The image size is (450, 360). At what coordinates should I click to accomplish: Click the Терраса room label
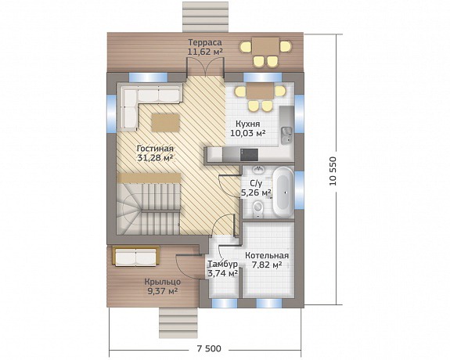coord(205,42)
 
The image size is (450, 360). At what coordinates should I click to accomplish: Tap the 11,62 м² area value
coord(205,52)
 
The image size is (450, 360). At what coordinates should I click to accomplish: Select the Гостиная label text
coord(155,149)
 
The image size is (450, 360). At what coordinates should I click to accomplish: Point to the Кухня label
coord(248,124)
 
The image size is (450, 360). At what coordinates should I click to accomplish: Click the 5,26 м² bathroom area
coord(256,193)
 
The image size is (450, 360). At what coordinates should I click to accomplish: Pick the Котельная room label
coord(267,255)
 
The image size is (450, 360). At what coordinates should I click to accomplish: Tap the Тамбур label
coord(223,264)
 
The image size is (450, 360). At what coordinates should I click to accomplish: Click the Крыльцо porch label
coord(163,282)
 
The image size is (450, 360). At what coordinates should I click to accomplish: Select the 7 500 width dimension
coord(209,349)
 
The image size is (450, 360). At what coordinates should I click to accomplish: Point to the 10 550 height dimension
coord(333,171)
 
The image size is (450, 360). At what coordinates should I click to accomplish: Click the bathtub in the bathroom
coord(283,192)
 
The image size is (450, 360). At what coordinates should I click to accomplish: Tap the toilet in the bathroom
coord(257,207)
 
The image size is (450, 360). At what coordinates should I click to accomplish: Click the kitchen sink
coord(286,135)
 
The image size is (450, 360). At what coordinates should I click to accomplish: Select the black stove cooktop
coord(249,155)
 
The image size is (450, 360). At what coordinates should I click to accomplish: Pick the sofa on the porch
coord(136,256)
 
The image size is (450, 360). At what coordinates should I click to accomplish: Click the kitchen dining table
coord(261,92)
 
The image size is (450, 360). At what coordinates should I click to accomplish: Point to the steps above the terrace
coord(206,16)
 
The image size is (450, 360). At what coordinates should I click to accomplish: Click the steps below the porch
coord(178,323)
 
